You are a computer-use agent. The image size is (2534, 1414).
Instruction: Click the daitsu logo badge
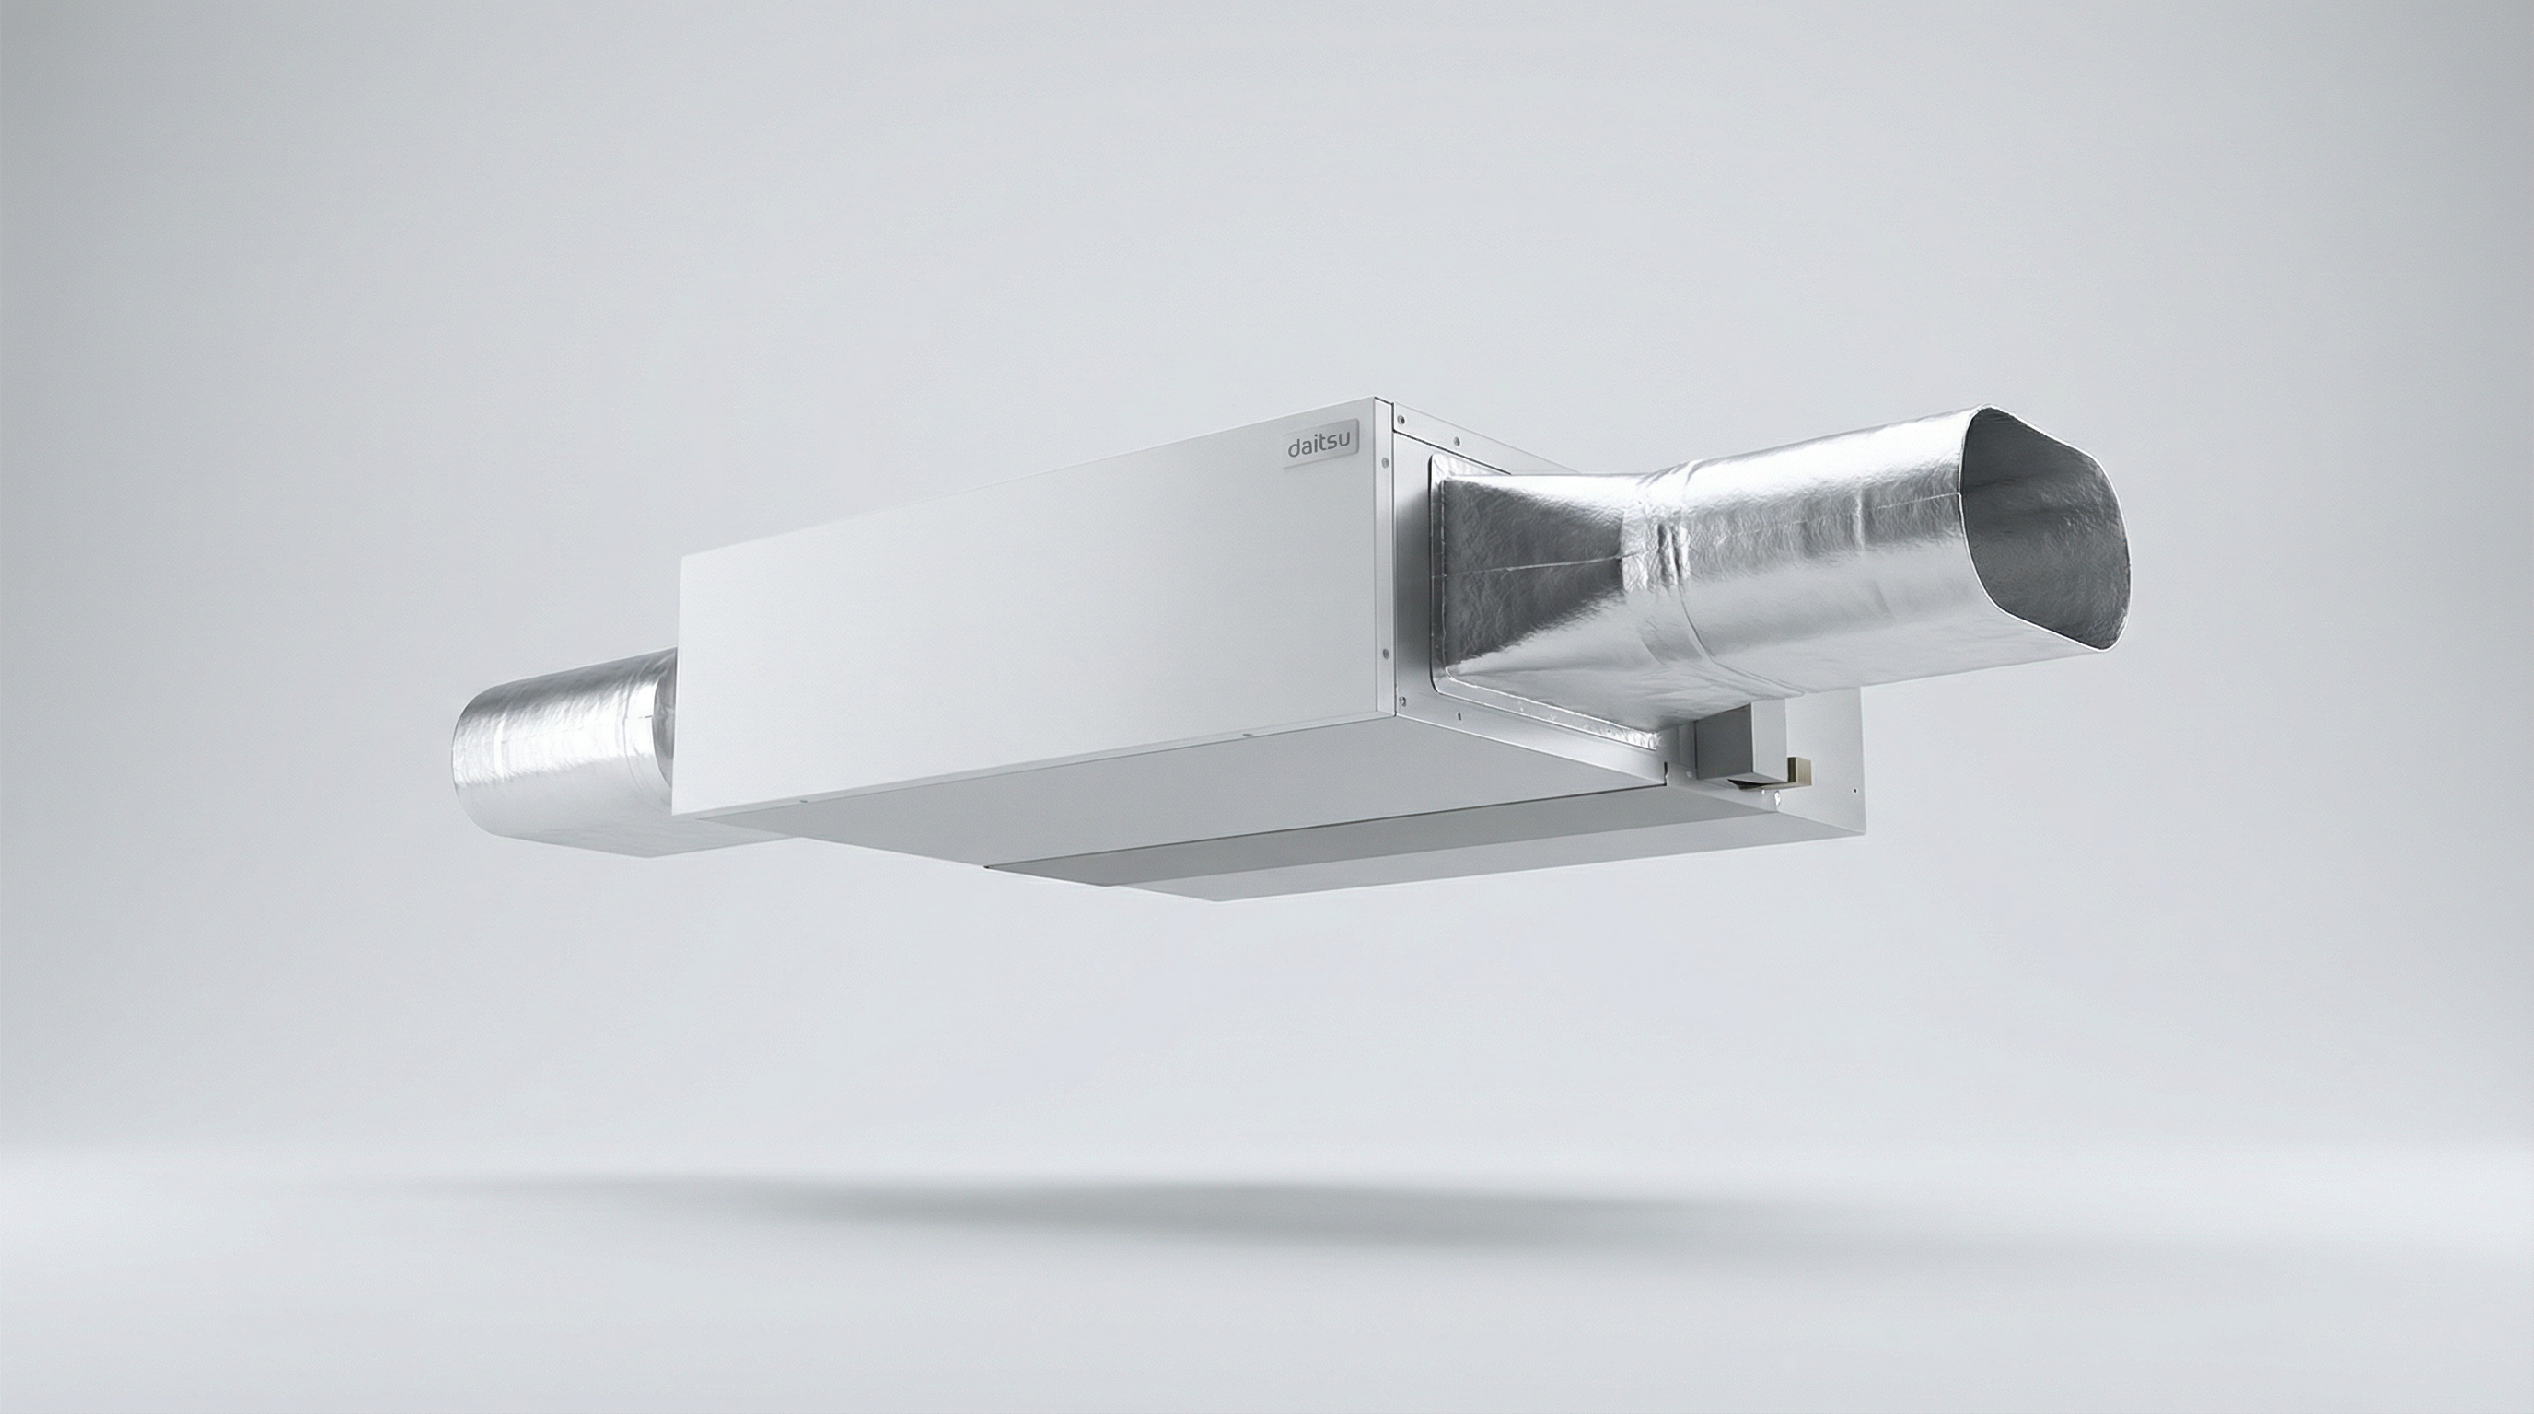click(x=1321, y=446)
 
